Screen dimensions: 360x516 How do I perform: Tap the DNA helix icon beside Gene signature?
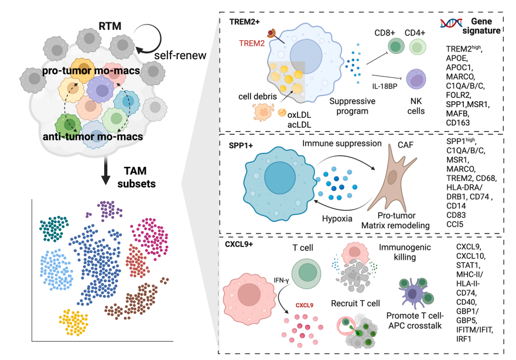pyautogui.click(x=449, y=23)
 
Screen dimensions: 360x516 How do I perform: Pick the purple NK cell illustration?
pyautogui.click(x=418, y=80)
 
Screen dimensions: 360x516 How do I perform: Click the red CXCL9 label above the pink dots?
pyautogui.click(x=303, y=305)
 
